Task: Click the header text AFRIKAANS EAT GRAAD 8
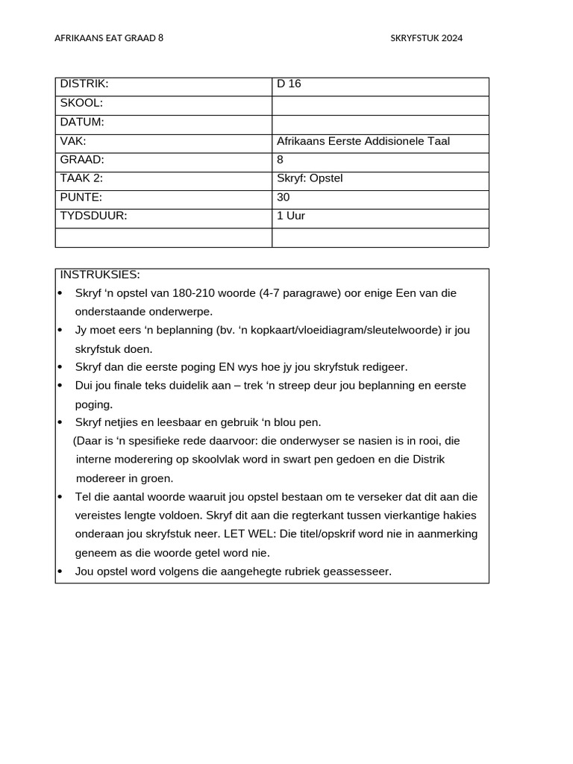click(109, 38)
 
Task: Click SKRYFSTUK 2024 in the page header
click(426, 38)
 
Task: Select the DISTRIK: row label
click(84, 84)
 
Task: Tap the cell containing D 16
click(289, 84)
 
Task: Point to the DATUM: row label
click(82, 122)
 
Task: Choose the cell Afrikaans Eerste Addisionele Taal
click(363, 141)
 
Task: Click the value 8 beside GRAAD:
click(280, 160)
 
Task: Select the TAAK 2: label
click(81, 178)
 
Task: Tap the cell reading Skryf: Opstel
click(310, 178)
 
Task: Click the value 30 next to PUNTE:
click(283, 198)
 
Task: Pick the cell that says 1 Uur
click(291, 216)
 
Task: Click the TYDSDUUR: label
click(94, 216)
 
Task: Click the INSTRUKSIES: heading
click(100, 275)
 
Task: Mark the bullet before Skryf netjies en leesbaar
click(60, 422)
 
